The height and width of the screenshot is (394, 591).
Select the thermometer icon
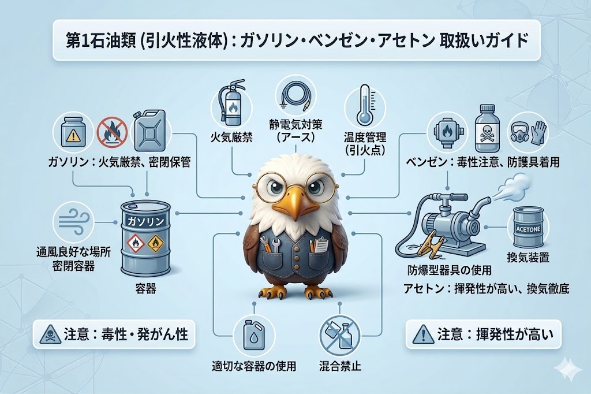364,105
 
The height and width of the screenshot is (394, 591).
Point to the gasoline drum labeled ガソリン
145,238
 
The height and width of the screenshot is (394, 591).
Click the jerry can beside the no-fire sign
150,130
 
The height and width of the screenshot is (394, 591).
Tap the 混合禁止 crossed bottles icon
340,334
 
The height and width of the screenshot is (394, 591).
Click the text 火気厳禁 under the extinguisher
231,136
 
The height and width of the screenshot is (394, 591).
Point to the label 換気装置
528,258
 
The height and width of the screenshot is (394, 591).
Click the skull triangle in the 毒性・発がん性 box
48,335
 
